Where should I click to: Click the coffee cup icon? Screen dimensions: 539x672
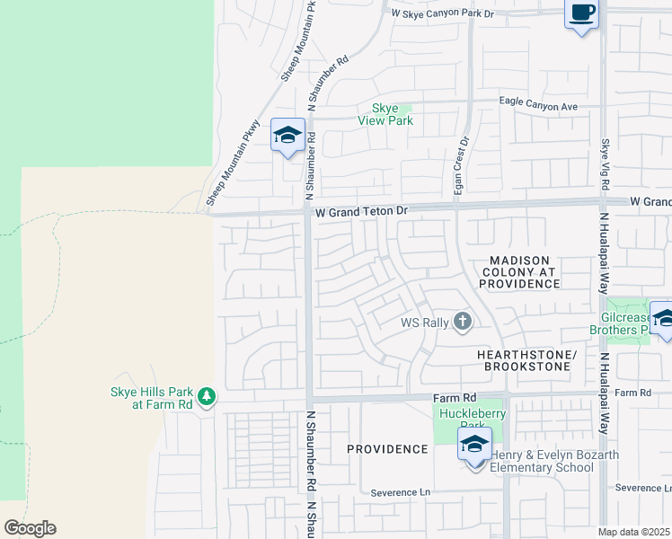pyautogui.click(x=581, y=13)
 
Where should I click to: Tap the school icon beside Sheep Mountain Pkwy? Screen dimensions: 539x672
pyautogui.click(x=287, y=137)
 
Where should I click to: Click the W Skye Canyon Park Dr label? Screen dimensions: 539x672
pyautogui.click(x=443, y=13)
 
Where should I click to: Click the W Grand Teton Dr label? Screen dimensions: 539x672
pyautogui.click(x=362, y=210)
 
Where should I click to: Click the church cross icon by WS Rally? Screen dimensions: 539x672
pyautogui.click(x=462, y=322)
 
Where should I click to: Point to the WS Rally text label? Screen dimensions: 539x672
pyautogui.click(x=423, y=322)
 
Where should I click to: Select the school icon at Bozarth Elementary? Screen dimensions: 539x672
pyautogui.click(x=474, y=444)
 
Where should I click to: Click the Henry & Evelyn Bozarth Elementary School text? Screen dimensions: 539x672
pyautogui.click(x=554, y=461)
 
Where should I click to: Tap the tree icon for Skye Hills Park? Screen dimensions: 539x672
pyautogui.click(x=207, y=396)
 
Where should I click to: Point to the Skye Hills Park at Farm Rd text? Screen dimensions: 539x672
pyautogui.click(x=151, y=397)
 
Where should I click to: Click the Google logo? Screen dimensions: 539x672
pyautogui.click(x=30, y=528)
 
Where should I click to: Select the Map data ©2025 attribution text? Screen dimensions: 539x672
pyautogui.click(x=634, y=532)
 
